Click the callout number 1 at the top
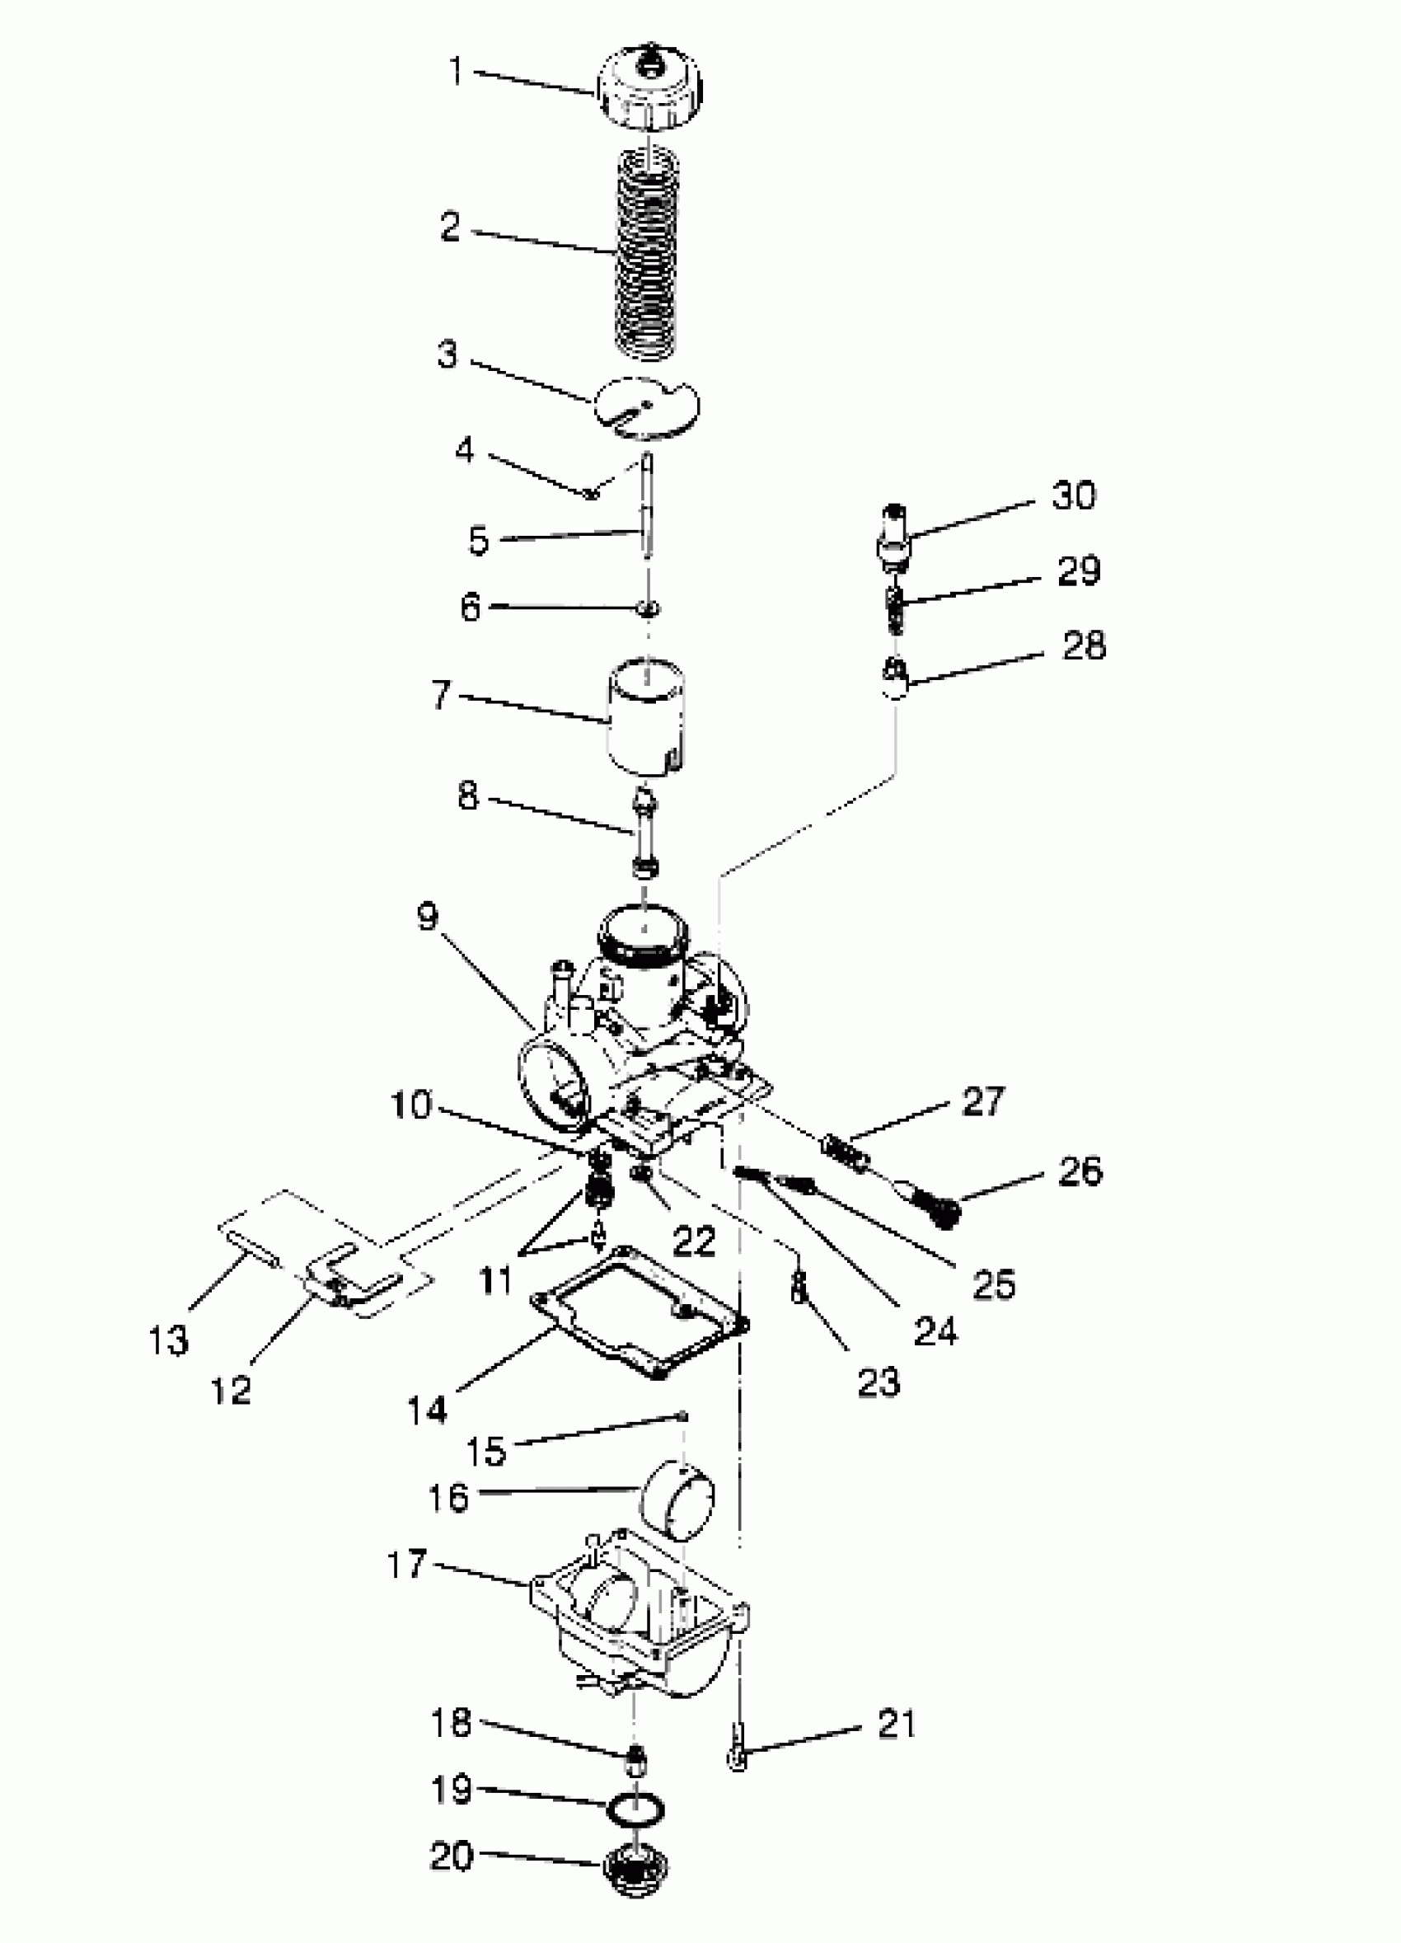457,72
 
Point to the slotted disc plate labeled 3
647,406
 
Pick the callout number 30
1073,495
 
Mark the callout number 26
1079,1171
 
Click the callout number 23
879,1382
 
